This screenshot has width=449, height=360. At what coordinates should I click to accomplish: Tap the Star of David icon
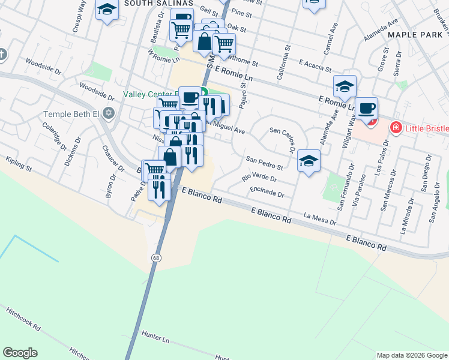[x=109, y=113]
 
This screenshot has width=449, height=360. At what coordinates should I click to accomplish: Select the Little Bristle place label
[x=427, y=128]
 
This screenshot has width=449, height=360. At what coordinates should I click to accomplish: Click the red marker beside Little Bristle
[x=395, y=127]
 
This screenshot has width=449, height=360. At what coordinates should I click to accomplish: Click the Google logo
[x=20, y=353]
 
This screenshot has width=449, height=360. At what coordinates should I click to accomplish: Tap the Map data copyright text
[x=412, y=355]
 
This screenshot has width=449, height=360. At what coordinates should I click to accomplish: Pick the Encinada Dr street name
[x=267, y=191]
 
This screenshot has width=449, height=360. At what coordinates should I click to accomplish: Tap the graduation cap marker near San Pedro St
[x=309, y=161]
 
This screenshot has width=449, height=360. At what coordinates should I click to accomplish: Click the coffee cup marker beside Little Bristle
[x=366, y=109]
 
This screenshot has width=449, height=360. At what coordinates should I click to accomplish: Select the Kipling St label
[x=18, y=163]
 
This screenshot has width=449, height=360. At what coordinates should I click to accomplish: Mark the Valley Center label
[x=148, y=94]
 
